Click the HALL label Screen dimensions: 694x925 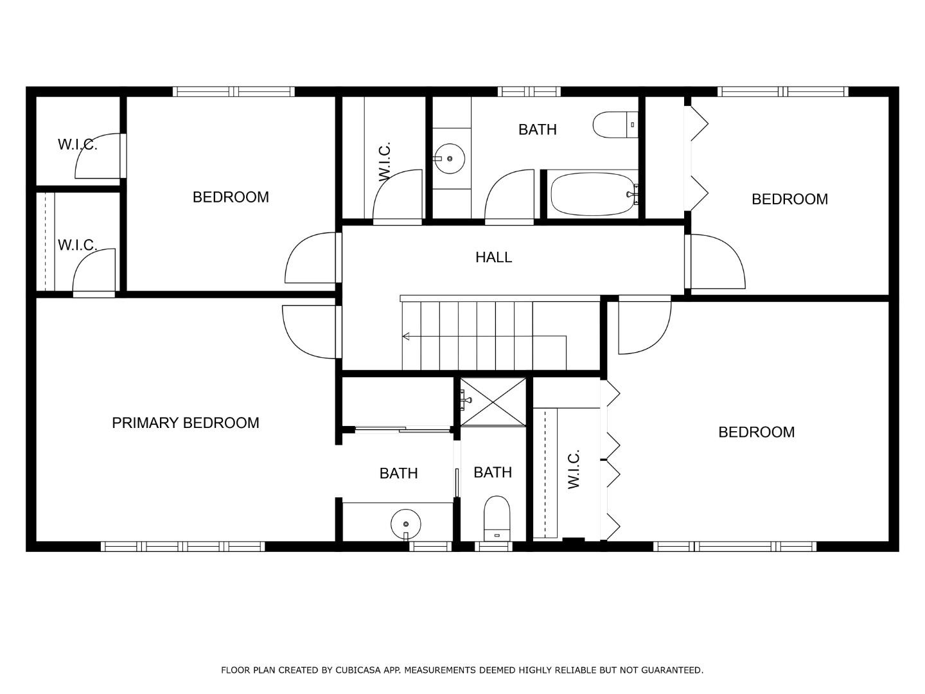point(493,257)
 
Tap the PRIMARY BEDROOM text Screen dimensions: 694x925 point(186,423)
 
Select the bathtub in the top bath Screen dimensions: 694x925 point(591,193)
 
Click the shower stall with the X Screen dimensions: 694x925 point(493,402)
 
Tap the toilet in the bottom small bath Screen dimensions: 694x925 point(497,518)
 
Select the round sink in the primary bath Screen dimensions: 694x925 point(405,523)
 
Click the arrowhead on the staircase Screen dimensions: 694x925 point(406,336)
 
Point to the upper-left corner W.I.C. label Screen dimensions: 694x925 point(77,145)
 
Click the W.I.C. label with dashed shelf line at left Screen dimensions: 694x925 point(77,245)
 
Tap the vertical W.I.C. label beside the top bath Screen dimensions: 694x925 point(384,161)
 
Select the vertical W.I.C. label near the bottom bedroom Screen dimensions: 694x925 point(574,469)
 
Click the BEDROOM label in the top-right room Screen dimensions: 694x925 point(789,199)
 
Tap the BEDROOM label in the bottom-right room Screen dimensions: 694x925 point(756,432)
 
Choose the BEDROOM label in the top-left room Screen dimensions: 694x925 point(231,197)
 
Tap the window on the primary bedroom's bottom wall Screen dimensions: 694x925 point(183,547)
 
